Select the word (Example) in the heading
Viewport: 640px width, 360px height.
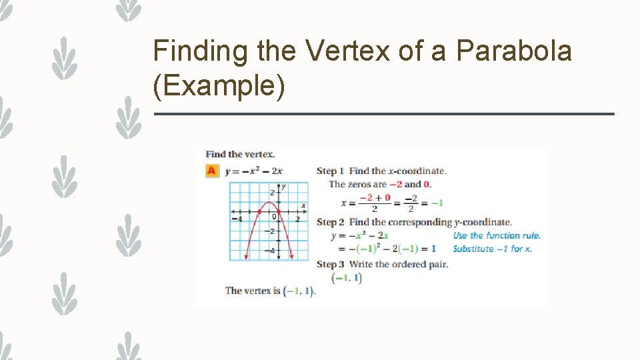click(219, 87)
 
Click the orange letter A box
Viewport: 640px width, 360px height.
click(211, 171)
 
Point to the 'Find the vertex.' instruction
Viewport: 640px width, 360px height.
click(240, 154)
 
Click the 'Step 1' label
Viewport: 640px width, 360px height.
click(331, 171)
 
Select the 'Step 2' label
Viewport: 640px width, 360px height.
click(331, 222)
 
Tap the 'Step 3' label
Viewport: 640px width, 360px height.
click(331, 264)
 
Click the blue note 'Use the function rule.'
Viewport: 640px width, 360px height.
click(497, 235)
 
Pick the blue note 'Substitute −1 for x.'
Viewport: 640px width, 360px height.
click(492, 249)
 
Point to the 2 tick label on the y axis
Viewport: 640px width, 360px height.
click(272, 193)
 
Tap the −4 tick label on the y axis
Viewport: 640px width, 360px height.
click(271, 251)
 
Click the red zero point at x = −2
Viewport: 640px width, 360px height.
click(259, 211)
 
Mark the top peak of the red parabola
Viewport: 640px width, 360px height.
click(268, 202)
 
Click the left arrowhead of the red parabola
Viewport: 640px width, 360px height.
click(247, 257)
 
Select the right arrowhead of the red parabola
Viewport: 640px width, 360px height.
click(290, 257)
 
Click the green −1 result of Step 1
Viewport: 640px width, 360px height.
click(437, 202)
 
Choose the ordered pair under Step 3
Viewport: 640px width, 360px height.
click(347, 277)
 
